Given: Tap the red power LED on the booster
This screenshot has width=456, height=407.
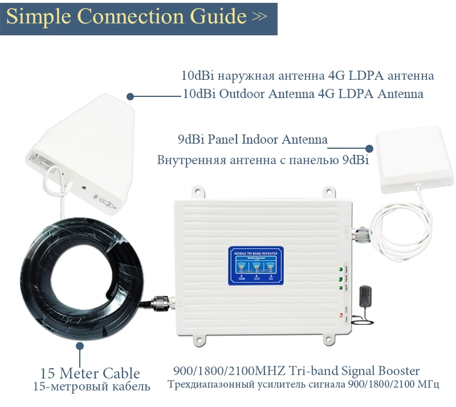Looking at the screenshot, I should tap(340, 315).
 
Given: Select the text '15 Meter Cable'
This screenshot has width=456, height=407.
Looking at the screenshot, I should tap(90, 373).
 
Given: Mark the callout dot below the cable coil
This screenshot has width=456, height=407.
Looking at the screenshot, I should tap(80, 346).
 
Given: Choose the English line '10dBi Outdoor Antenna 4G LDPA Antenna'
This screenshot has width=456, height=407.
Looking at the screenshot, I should tap(303, 94).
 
